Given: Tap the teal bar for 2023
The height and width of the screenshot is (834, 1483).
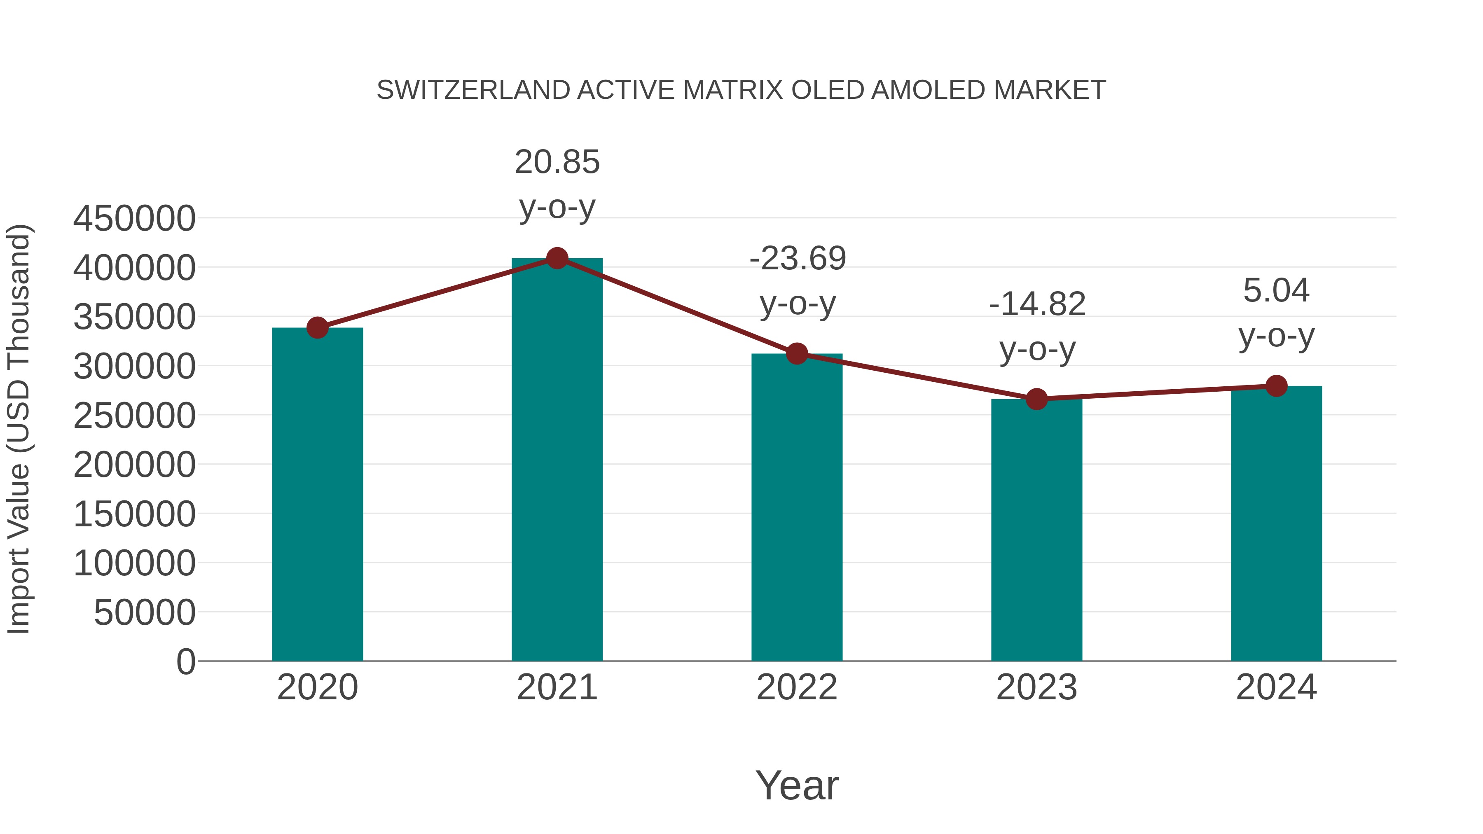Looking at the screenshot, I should [x=1036, y=530].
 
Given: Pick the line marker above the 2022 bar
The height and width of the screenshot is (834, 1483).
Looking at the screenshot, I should [x=797, y=353].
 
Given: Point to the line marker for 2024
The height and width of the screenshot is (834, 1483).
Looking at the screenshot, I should [x=1276, y=385].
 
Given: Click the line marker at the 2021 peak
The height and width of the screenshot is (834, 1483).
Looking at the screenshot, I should [x=557, y=258].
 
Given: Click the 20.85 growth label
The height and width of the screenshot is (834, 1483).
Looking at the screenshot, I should [x=557, y=162].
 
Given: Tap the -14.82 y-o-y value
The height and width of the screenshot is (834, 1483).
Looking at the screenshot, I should [x=1037, y=304].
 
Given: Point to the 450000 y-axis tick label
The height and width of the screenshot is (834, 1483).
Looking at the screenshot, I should [x=134, y=219].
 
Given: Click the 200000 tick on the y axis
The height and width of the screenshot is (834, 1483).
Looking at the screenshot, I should [x=134, y=465].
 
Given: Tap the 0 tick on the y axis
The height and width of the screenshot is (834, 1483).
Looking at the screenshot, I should [x=185, y=661].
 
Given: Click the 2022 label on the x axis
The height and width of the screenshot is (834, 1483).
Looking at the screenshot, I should [x=797, y=687].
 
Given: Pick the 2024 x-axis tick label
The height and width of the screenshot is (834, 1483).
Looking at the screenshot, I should [x=1276, y=687].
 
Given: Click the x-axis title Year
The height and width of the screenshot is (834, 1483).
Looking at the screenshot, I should [x=797, y=785].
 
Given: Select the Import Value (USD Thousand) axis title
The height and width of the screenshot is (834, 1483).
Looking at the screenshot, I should [x=19, y=429].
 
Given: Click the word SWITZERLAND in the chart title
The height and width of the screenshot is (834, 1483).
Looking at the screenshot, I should [x=473, y=90].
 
